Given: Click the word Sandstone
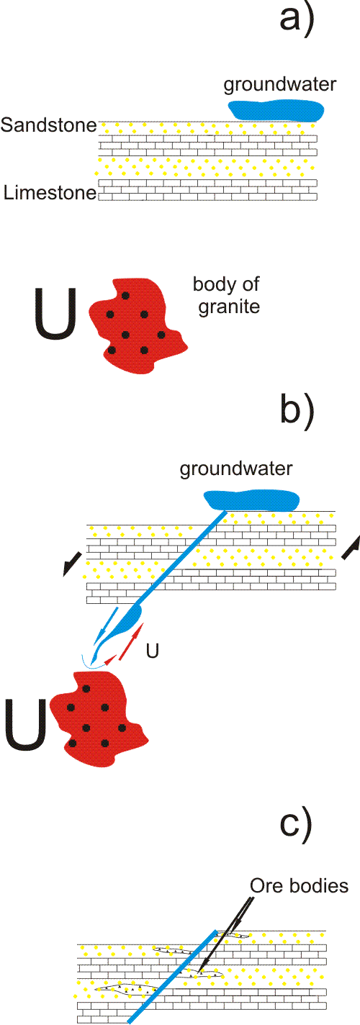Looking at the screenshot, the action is pos(49,125).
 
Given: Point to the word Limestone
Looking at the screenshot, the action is pos(50,193).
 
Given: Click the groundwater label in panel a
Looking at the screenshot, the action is pos(280,85).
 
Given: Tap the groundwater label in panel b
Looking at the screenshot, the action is pos(236,469).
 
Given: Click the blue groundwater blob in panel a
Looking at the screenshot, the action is pos(276,111).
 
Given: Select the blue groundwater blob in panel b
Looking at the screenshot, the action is pos(251,500).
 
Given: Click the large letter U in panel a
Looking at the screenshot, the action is pos(55,314).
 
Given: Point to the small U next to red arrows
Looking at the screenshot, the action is pos(153,651).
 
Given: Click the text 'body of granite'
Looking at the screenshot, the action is pos(227,296).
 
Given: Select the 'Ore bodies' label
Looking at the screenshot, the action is pos(300,886).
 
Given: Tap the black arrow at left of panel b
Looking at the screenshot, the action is pos(72,564).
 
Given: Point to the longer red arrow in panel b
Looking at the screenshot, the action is pos(131,641).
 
